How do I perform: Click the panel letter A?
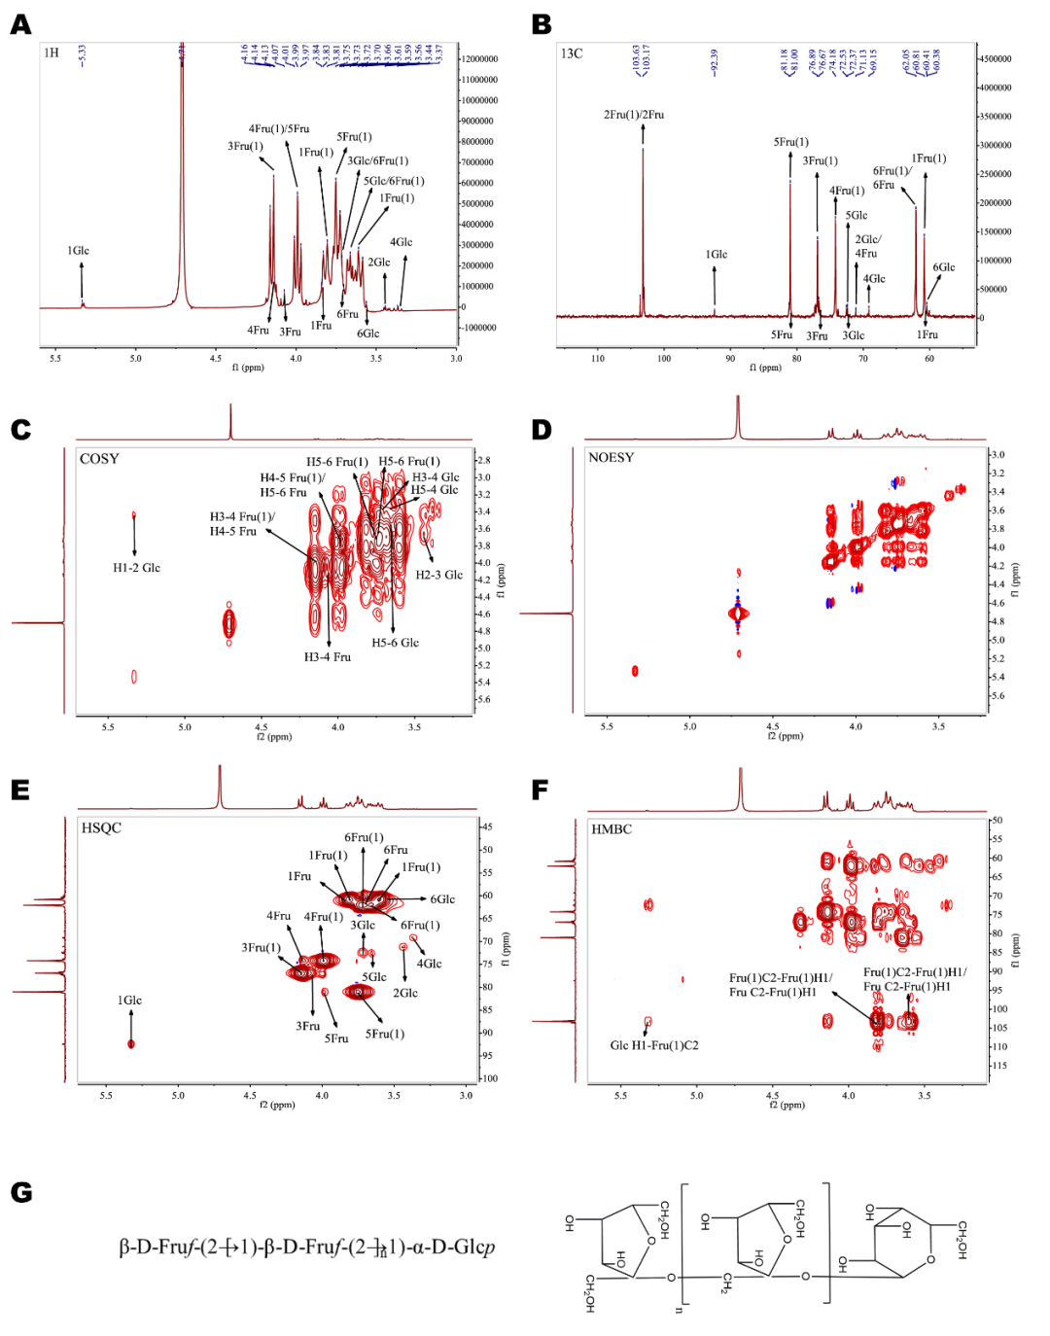click(20, 25)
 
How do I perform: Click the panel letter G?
click(20, 1192)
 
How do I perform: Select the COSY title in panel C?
click(99, 459)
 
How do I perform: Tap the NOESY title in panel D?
click(611, 458)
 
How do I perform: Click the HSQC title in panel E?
click(101, 828)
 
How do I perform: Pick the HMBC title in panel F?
click(612, 829)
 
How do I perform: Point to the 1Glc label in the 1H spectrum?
click(79, 251)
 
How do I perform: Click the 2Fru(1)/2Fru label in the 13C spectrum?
click(634, 115)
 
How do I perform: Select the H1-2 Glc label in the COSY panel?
click(136, 568)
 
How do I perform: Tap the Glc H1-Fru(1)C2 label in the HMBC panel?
click(654, 1045)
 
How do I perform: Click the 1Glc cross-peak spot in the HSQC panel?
click(131, 1043)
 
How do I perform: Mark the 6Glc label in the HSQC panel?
click(442, 899)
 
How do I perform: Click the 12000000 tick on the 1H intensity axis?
click(479, 59)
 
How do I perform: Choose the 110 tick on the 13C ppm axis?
click(597, 359)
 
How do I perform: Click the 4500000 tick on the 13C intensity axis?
click(995, 59)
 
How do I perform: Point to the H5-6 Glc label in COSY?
click(395, 643)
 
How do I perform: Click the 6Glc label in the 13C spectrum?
click(943, 267)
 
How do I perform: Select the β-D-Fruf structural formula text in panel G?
click(306, 1248)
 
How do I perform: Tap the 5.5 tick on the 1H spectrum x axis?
click(55, 359)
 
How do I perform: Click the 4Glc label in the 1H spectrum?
click(401, 242)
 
